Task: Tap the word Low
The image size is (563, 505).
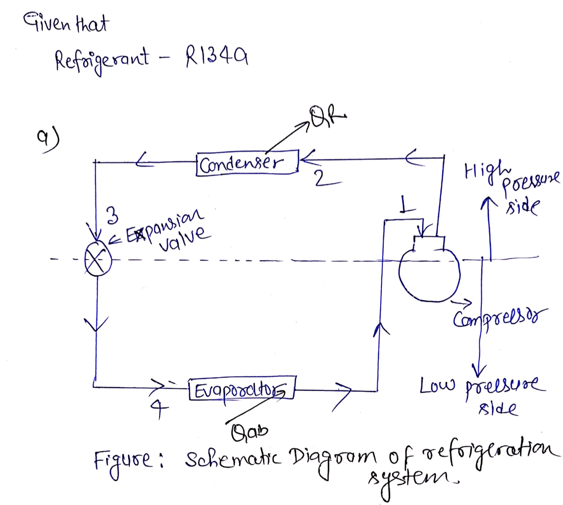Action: click(436, 388)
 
